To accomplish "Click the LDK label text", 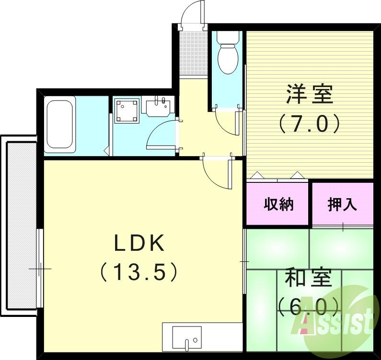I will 139,245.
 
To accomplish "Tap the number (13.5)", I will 139,273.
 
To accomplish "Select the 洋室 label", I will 309,94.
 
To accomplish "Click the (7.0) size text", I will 309,123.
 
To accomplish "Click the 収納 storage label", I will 278,205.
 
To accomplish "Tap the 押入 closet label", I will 342,205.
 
